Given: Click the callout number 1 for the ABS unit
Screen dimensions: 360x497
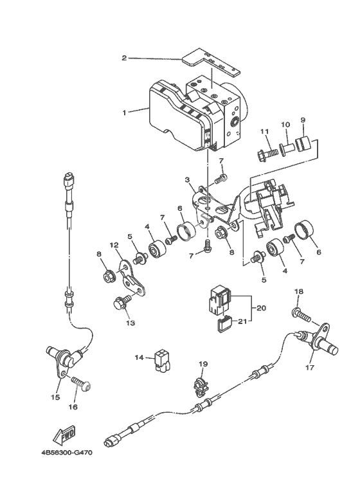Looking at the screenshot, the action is pyautogui.click(x=125, y=113).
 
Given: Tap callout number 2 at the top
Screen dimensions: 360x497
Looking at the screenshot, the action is pyautogui.click(x=124, y=58).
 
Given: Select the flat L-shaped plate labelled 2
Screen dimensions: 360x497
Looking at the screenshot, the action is pyautogui.click(x=211, y=62).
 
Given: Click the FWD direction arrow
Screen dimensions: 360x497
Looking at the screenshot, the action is pyautogui.click(x=65, y=435).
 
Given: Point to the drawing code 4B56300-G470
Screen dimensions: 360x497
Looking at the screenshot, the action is pyautogui.click(x=67, y=453).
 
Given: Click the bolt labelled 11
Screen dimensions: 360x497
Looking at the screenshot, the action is pyautogui.click(x=266, y=155).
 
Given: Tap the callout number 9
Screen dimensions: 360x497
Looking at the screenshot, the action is pyautogui.click(x=303, y=120).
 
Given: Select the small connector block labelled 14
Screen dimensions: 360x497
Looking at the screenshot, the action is pyautogui.click(x=162, y=360).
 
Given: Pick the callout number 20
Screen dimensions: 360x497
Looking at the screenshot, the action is pyautogui.click(x=262, y=308).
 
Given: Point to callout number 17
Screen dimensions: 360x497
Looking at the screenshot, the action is pyautogui.click(x=310, y=367).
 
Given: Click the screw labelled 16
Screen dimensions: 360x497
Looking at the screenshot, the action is pyautogui.click(x=81, y=384).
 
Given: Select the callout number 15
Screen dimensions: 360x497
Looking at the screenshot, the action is pyautogui.click(x=55, y=397).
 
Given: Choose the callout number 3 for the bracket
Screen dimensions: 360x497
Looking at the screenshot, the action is pyautogui.click(x=188, y=180).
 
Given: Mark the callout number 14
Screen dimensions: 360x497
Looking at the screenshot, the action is pyautogui.click(x=139, y=357).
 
